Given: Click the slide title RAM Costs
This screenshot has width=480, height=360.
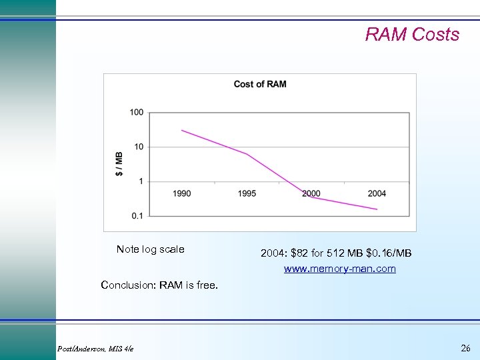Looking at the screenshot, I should [x=412, y=35].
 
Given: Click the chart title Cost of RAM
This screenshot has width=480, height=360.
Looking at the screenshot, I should [x=260, y=84].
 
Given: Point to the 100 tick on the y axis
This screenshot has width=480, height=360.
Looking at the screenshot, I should [x=136, y=113].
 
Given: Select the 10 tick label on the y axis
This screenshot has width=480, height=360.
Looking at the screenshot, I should [x=138, y=147].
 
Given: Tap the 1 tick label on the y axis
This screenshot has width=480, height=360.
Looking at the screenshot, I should [x=140, y=181].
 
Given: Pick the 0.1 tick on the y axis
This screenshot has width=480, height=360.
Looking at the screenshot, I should [x=137, y=215].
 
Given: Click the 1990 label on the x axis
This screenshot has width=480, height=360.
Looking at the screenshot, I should [x=182, y=194].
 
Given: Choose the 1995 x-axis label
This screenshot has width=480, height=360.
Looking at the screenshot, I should [x=247, y=194].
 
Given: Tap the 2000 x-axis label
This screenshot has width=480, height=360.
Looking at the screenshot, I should [x=311, y=194].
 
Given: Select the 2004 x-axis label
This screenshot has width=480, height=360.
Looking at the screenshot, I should [x=377, y=194].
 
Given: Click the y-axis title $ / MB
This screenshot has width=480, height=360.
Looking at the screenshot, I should [x=119, y=163].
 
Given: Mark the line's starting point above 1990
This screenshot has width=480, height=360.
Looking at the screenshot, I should [x=182, y=131].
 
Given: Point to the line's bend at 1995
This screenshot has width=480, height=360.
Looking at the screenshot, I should [x=247, y=154].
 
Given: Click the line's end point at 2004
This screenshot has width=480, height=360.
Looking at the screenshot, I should [x=377, y=209].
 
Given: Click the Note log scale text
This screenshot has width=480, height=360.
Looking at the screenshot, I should [x=150, y=249].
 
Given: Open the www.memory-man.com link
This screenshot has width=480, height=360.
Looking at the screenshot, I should [x=339, y=269].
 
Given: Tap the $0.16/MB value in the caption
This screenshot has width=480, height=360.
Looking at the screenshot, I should [x=389, y=253].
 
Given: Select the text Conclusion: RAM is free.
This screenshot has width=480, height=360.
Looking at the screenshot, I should [x=159, y=285].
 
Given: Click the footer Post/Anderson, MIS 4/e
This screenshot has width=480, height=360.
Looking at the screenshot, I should [x=95, y=349].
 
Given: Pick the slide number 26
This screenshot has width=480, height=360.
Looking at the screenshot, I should [x=465, y=348].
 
